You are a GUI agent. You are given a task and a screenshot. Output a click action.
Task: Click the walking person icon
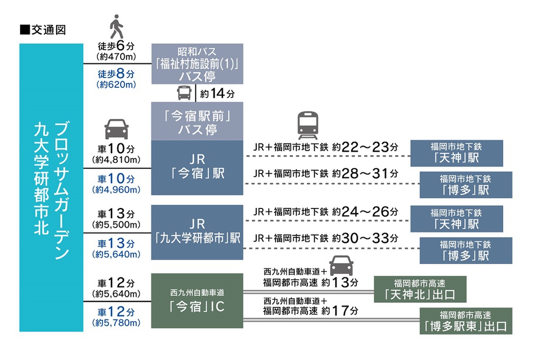[x=117, y=27]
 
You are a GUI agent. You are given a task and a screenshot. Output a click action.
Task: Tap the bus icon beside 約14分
[x=184, y=93]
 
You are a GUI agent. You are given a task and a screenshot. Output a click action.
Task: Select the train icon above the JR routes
[x=308, y=125]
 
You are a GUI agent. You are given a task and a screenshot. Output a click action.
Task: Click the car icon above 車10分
[x=117, y=129]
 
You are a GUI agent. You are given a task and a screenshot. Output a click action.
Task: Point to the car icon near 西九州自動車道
[x=341, y=265]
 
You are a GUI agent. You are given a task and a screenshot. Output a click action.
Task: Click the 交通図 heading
[x=43, y=30]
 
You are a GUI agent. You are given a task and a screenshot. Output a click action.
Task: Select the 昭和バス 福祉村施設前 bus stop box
[x=197, y=64]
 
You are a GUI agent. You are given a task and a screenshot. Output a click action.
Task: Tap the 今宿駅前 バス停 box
[x=197, y=121]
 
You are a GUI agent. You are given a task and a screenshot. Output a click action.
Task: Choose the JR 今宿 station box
[x=197, y=167]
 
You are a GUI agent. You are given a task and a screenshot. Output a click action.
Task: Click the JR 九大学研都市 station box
[x=197, y=232]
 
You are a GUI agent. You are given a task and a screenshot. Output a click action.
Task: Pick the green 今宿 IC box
[x=197, y=301]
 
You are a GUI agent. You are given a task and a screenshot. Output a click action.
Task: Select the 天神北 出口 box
[x=420, y=289]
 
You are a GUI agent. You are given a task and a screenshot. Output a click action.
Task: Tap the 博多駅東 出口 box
[x=466, y=321]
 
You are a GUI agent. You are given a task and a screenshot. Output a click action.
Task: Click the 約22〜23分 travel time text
[x=365, y=147]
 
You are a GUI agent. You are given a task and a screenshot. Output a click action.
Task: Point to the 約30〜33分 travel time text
[x=365, y=238]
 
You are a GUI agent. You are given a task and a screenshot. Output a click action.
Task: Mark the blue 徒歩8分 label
[x=116, y=74]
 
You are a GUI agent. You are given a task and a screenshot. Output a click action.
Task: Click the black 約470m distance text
[x=117, y=57]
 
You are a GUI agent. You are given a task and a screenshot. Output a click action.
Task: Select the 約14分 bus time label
[x=217, y=93]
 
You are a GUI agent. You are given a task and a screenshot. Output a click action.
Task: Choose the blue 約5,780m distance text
[x=117, y=323]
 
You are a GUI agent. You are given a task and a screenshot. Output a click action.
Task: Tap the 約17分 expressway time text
[x=340, y=310]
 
